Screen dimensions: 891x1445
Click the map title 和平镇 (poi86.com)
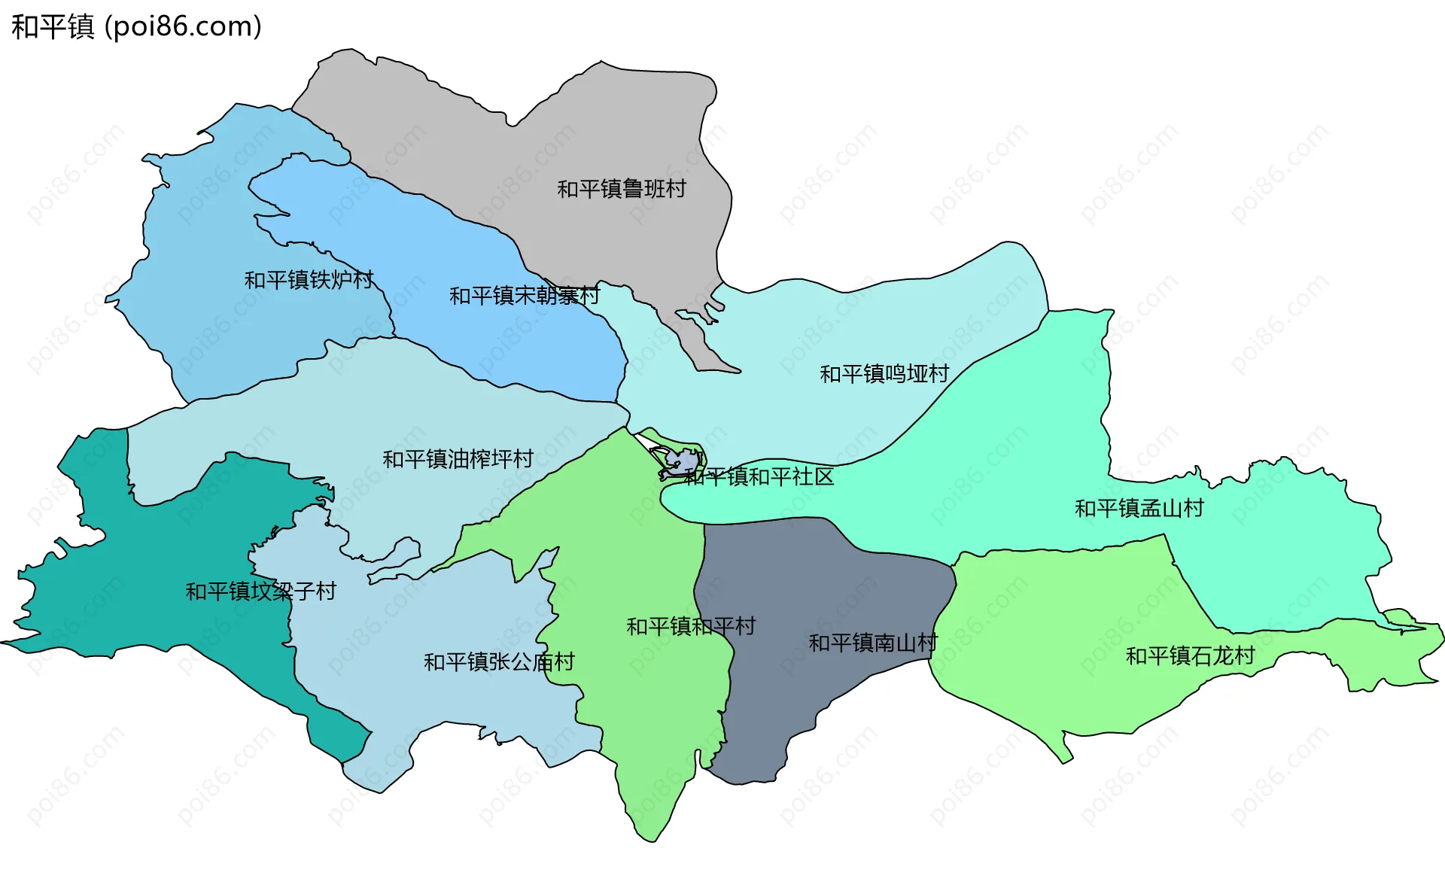click(136, 26)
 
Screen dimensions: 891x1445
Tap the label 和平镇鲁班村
click(621, 189)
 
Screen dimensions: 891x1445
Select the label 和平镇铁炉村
click(309, 280)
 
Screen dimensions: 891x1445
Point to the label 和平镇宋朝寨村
click(524, 296)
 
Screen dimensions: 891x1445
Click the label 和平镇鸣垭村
click(884, 374)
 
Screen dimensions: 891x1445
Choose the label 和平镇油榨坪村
click(458, 459)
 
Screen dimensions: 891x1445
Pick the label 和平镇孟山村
click(1139, 509)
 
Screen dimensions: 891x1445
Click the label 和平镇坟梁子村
click(260, 591)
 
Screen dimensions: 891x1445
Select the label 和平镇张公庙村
click(499, 662)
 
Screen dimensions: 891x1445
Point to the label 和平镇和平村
click(690, 626)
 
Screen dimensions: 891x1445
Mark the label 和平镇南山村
click(872, 643)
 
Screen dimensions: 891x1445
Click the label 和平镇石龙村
click(1190, 656)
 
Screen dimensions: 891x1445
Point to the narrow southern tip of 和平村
click(651, 813)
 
